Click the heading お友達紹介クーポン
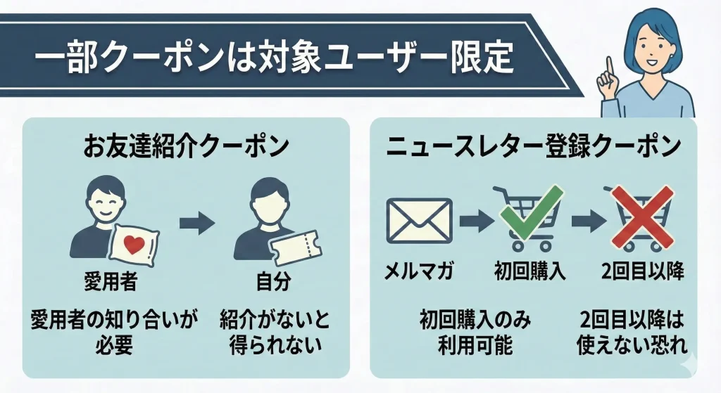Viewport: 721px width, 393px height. [186, 148]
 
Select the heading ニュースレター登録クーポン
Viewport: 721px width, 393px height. [534, 148]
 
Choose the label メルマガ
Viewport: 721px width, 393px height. [419, 271]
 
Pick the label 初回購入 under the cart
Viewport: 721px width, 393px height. [532, 271]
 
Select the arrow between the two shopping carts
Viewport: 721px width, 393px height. [587, 221]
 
